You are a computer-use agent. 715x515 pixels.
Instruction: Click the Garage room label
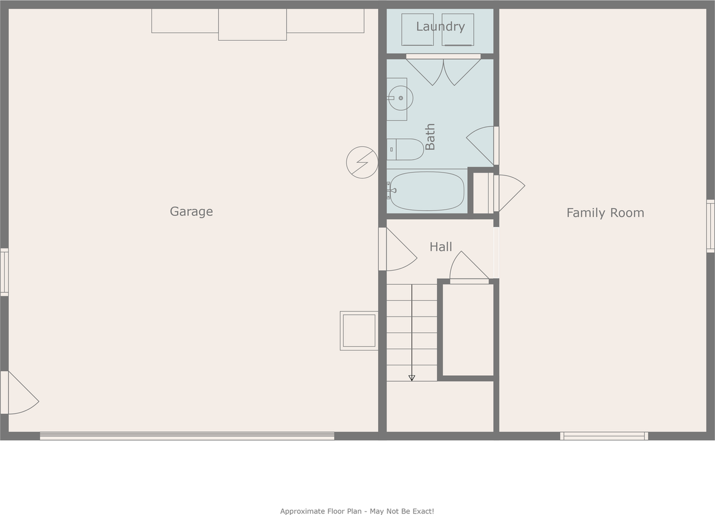pos(191,211)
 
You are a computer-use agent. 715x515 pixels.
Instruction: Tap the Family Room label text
pos(605,212)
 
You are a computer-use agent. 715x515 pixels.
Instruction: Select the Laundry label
pos(440,26)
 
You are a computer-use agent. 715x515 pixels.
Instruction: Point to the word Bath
pos(430,137)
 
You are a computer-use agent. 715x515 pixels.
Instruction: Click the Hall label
pos(441,247)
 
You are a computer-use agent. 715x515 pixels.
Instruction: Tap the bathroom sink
pos(400,98)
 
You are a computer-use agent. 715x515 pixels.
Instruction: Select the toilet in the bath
pos(406,149)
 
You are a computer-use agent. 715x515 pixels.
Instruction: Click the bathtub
pos(427,191)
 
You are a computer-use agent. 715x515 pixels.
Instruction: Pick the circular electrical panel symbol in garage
pos(362,163)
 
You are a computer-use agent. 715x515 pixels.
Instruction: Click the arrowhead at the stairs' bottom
pos(412,378)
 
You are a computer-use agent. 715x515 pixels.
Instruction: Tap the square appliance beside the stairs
pos(359,330)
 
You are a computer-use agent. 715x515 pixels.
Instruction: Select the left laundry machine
pos(417,30)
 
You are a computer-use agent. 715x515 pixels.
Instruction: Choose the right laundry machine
pos(457,30)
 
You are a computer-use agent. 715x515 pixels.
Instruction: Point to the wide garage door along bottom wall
pos(187,436)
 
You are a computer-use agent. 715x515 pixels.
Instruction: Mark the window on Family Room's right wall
pos(710,226)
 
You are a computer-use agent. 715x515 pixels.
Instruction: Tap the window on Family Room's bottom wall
pos(604,436)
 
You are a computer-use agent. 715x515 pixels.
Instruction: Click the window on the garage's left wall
pos(4,272)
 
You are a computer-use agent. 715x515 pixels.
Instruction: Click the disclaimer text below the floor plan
pos(357,511)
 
